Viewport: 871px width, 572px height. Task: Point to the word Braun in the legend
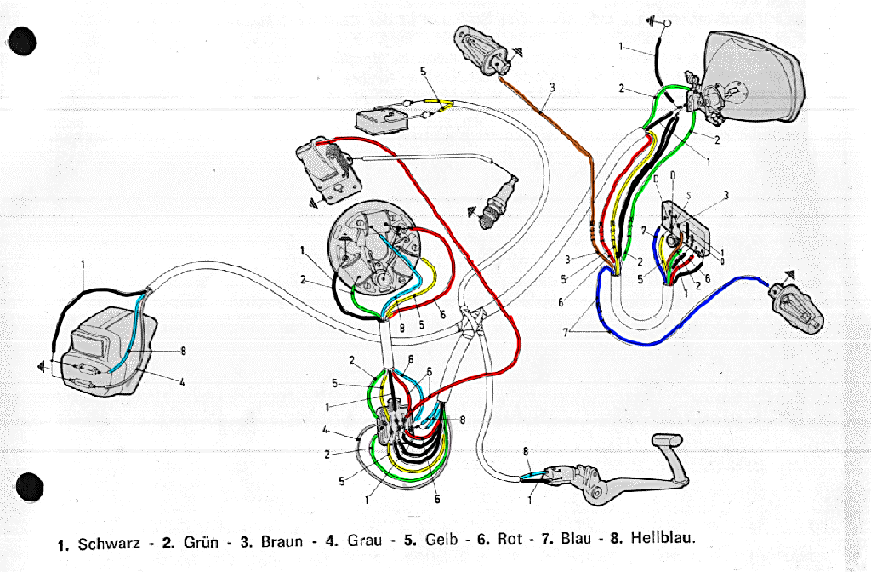click(x=282, y=541)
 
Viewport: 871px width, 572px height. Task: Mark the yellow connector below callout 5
click(x=441, y=103)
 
